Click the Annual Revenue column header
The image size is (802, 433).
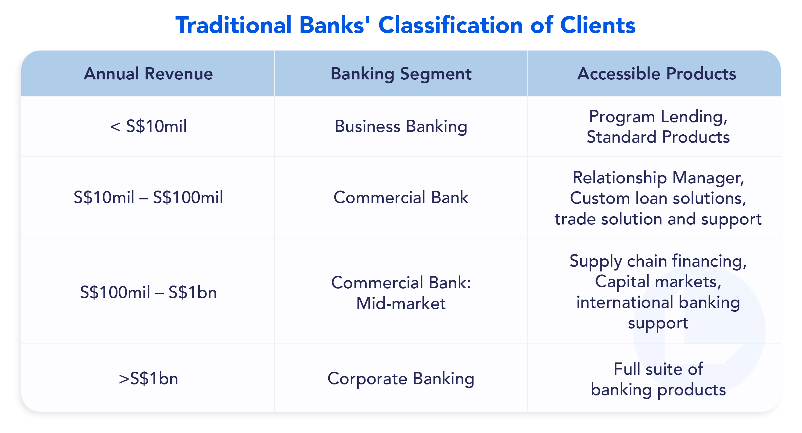(148, 74)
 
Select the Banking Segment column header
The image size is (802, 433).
(401, 74)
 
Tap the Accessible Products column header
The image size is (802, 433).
(656, 74)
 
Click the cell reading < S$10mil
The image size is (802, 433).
(148, 126)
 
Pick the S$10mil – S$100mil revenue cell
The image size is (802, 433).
(148, 198)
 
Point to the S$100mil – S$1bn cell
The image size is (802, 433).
(148, 293)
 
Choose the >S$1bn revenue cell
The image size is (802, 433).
(148, 379)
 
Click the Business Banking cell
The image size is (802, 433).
(401, 126)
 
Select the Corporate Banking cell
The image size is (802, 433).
(401, 379)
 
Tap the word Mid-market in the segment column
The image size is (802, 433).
(401, 303)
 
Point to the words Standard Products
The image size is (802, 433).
(658, 137)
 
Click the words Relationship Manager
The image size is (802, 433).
(658, 178)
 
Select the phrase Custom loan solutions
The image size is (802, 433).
(658, 198)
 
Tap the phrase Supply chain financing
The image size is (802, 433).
(658, 261)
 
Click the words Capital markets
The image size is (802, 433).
(658, 282)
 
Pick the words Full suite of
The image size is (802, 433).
(658, 369)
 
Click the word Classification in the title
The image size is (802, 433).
(451, 25)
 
